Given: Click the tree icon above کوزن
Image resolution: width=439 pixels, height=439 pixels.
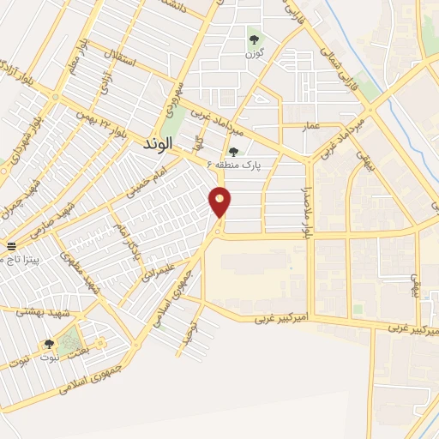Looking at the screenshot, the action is point(253,38).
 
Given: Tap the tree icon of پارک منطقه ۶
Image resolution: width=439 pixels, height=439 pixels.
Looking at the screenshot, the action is point(233,152).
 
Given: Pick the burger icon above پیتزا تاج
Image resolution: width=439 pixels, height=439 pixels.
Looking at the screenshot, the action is point(9,246).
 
